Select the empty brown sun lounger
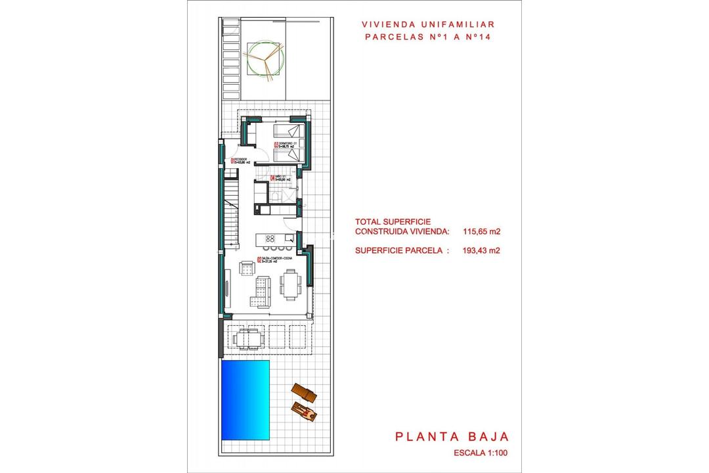click(301, 392)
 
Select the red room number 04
click(272, 177)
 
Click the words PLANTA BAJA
click(452, 436)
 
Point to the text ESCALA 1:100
click(481, 453)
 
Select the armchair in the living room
click(247, 267)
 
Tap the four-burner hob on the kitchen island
click(270, 238)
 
